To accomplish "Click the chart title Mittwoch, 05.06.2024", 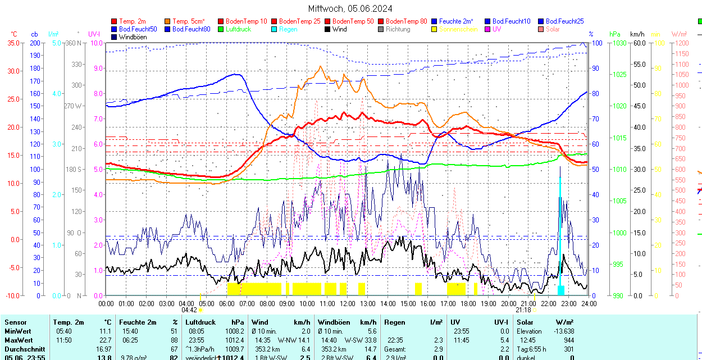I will point(350,8).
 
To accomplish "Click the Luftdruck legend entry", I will point(238,29).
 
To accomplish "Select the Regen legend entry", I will point(288,29).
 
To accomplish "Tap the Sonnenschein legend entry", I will point(458,29).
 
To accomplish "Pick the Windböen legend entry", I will point(133,37).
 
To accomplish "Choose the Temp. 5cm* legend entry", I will point(189,21).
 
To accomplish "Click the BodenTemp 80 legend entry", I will point(406,21).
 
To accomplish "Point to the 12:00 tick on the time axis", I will point(347,303).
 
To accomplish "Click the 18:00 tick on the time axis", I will point(468,303).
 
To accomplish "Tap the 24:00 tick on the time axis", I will point(589,303).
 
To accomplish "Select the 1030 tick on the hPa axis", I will point(619,43).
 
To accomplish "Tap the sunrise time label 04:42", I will point(189,310).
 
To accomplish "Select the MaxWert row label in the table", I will point(19,340).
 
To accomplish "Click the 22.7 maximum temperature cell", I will point(105,340).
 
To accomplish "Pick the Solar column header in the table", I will point(526,322).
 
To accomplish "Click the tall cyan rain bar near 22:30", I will point(560,236).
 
